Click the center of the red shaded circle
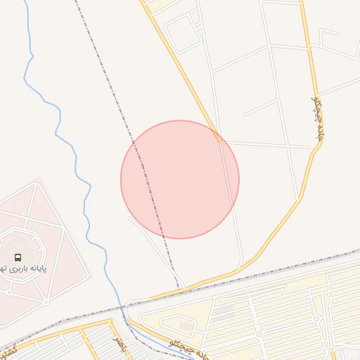(x=180, y=179)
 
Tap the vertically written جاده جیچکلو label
(x=319, y=120)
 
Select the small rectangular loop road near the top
(x=183, y=32)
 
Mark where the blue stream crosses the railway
(x=120, y=307)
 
